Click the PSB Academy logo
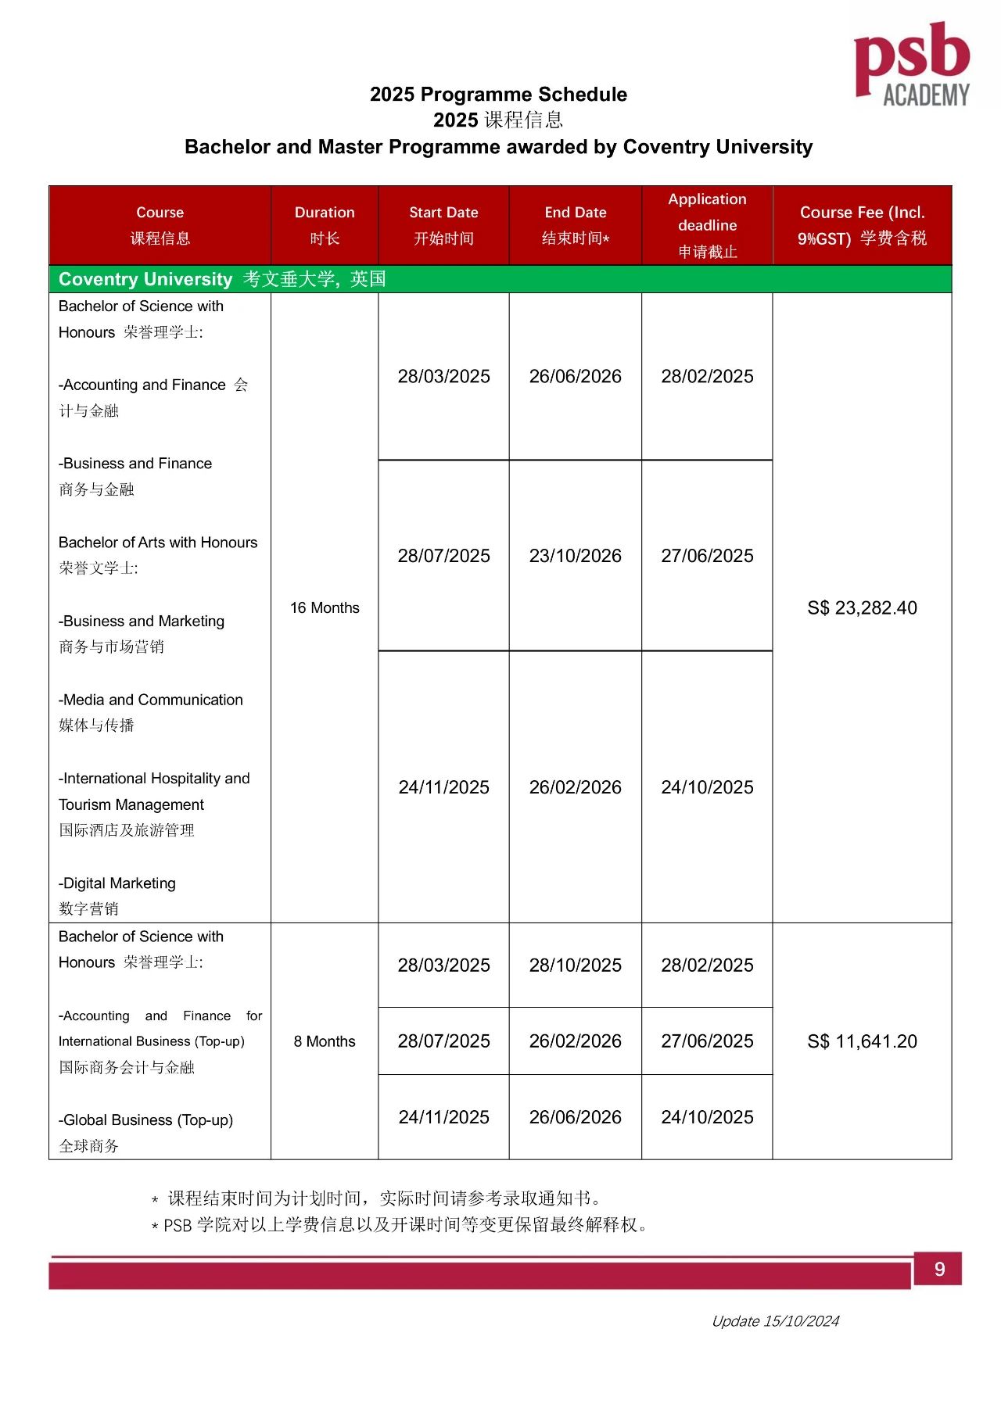912,64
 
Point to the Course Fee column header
862,225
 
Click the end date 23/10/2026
575,556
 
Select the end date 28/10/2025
575,965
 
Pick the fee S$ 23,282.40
862,608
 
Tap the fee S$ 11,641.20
862,1041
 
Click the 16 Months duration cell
325,608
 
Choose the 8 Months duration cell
325,1041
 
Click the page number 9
939,1269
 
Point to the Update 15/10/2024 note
775,1321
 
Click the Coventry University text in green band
145,279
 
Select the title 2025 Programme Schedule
498,95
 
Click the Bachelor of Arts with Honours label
158,543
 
